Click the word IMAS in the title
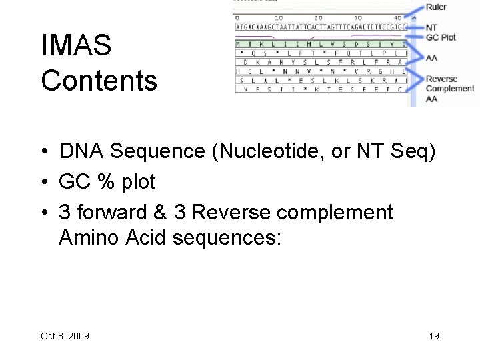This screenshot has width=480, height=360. [76, 46]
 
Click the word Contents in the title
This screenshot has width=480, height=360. [99, 81]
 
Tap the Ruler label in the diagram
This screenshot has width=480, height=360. [436, 7]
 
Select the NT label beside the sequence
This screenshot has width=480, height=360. [431, 27]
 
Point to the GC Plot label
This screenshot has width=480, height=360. [441, 37]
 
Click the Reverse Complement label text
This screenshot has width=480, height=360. [449, 83]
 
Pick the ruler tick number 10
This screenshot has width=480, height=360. [278, 17]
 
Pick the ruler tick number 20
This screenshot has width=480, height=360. [318, 17]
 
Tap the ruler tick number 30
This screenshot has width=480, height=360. [358, 17]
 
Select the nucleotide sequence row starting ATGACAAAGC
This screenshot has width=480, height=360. [321, 27]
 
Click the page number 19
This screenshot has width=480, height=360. [434, 336]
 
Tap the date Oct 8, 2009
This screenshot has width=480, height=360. [65, 336]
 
